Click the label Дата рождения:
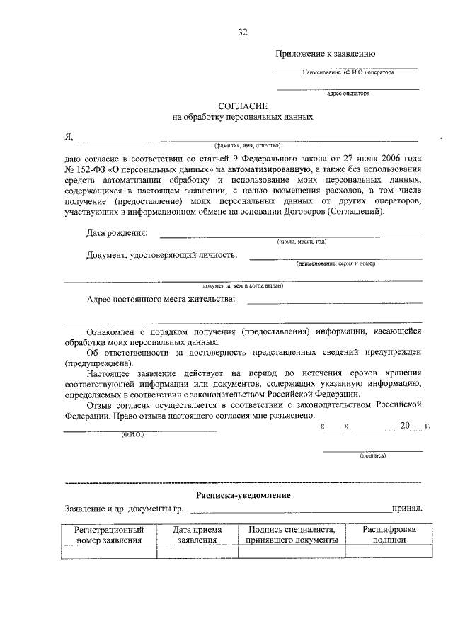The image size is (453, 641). (x=117, y=233)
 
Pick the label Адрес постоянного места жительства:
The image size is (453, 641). (x=161, y=300)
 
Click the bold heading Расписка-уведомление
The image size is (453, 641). (x=242, y=494)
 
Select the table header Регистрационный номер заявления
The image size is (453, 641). (x=109, y=535)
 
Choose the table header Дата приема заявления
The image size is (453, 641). (x=197, y=535)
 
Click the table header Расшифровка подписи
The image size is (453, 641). (x=389, y=535)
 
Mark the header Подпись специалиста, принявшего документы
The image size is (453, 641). (x=292, y=535)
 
